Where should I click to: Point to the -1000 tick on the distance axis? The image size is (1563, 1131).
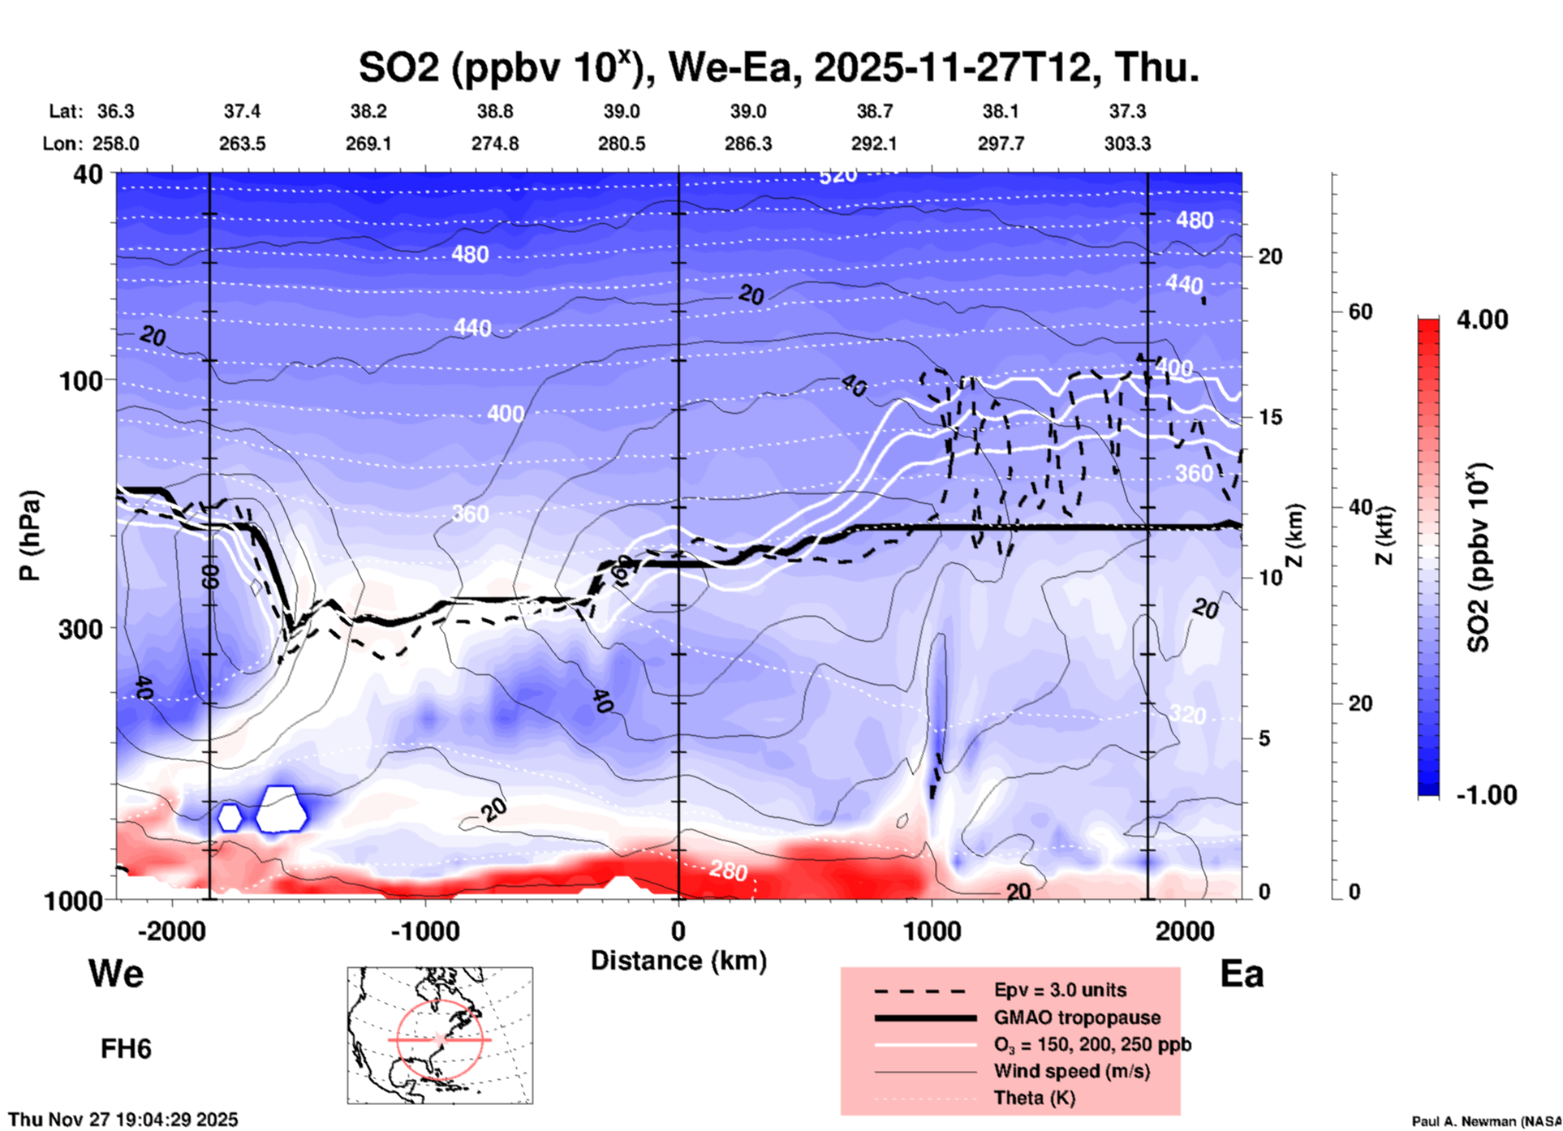(x=425, y=931)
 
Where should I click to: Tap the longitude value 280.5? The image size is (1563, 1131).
(x=622, y=144)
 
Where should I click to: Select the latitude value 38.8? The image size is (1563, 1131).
(x=495, y=111)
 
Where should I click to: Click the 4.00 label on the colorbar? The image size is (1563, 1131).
(x=1482, y=320)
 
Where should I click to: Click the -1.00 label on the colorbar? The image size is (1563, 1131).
(x=1486, y=795)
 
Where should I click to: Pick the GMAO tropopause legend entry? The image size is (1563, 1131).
(x=1077, y=1017)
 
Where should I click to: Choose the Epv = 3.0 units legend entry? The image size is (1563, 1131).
(x=1060, y=991)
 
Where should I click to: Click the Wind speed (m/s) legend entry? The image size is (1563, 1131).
(x=1071, y=1072)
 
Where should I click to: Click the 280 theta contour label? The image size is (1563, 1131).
(x=728, y=871)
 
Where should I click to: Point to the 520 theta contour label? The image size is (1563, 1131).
(x=837, y=176)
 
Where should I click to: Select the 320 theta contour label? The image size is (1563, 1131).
(x=1187, y=715)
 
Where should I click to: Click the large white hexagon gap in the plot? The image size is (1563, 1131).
(x=282, y=809)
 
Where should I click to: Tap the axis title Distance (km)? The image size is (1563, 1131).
(x=678, y=961)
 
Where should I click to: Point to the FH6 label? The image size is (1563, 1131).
(x=126, y=1049)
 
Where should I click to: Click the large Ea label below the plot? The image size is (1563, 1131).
(x=1242, y=974)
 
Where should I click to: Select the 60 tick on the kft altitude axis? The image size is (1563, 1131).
(x=1360, y=312)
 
